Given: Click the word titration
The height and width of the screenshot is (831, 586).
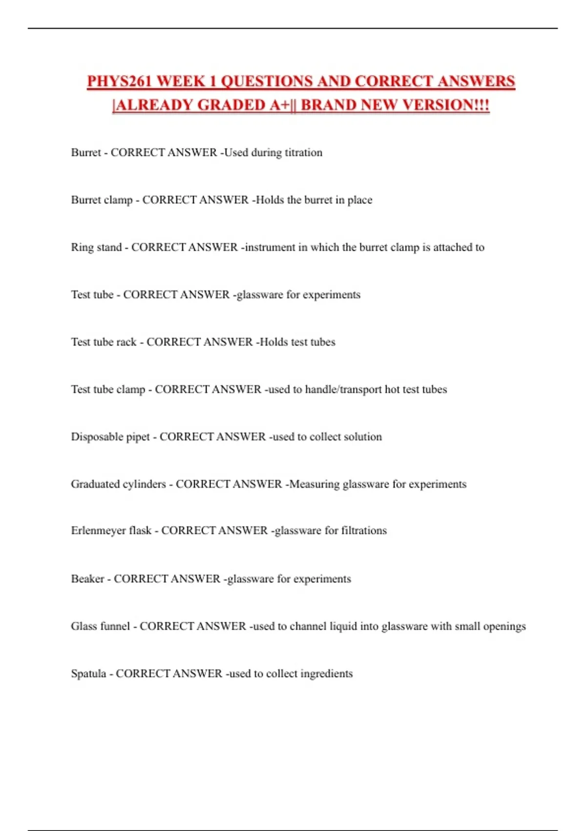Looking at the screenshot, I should (303, 153).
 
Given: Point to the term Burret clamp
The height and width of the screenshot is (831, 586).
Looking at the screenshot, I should (102, 200).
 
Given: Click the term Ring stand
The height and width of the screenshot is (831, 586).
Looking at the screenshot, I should (96, 247).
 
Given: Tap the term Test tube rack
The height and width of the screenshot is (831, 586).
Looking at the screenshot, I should (104, 342).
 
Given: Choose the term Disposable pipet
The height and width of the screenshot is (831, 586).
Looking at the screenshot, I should (110, 437).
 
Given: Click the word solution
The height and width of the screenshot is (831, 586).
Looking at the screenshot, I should (363, 437).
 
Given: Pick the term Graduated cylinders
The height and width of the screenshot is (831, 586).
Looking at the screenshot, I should (118, 484).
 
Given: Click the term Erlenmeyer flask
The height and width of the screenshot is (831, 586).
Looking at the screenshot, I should (111, 531).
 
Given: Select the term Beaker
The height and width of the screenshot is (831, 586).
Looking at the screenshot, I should (87, 579).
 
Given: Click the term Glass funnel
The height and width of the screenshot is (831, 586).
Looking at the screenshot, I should (100, 627).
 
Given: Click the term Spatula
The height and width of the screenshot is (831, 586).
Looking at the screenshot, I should (88, 674).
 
